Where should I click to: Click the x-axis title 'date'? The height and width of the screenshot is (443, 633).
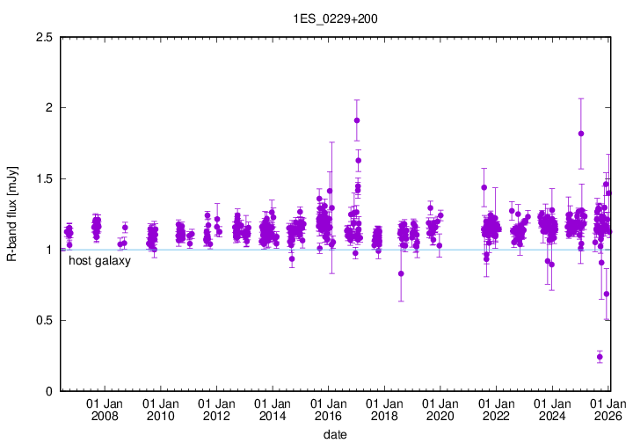coord(333,434)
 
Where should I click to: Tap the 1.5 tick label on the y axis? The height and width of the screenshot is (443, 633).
coord(42,178)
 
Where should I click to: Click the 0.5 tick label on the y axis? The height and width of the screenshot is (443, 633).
coord(42,320)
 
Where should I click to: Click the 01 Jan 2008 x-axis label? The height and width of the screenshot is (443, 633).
coord(105,409)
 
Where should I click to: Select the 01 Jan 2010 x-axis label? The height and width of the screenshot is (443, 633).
coord(161,409)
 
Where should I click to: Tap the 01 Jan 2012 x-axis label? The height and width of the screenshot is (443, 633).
coord(217,409)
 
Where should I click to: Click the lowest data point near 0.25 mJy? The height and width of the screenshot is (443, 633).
coord(600,357)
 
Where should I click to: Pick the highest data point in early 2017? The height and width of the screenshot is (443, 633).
coord(356,120)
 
